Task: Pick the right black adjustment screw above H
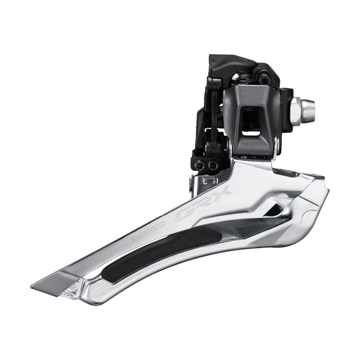[x=212, y=164]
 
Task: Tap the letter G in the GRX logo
[x=184, y=214]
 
